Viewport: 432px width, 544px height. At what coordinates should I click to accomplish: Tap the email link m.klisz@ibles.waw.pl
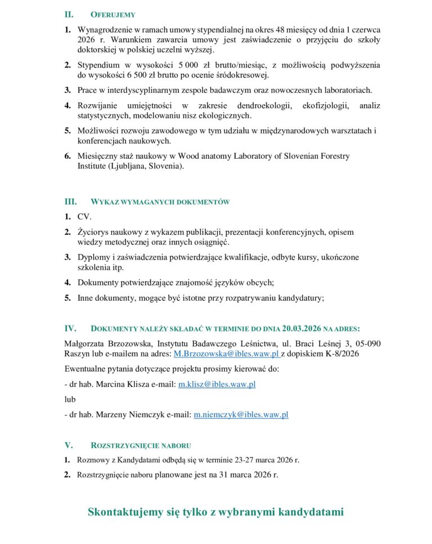[217, 384]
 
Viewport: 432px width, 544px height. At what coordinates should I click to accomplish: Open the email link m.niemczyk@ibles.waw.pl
[241, 414]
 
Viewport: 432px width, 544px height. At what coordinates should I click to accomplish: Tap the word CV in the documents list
[84, 217]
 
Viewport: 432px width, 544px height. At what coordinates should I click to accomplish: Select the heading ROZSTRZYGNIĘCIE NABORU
[140, 444]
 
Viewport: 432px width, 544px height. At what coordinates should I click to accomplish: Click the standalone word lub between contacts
[70, 399]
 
